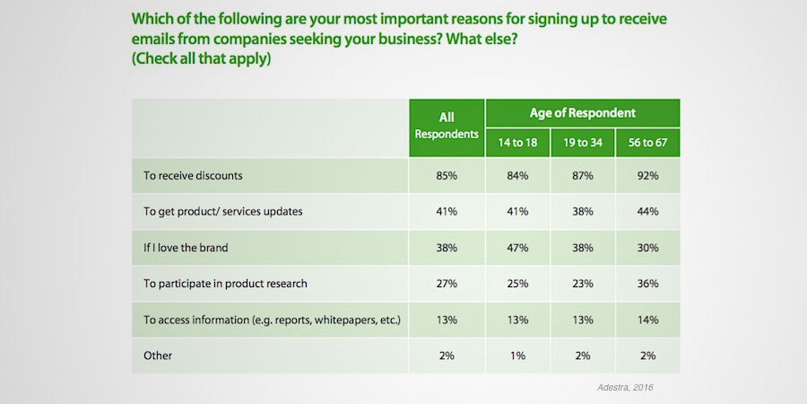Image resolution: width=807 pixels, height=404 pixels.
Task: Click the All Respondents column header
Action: pyautogui.click(x=447, y=126)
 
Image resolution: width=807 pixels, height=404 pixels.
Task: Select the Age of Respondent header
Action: pyautogui.click(x=582, y=113)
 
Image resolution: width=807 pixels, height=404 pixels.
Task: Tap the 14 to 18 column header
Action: pyautogui.click(x=517, y=142)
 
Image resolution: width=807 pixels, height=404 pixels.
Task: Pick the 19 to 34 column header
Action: pyautogui.click(x=582, y=142)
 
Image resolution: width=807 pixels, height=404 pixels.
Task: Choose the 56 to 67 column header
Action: pyautogui.click(x=647, y=142)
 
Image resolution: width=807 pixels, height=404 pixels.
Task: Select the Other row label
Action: pyautogui.click(x=158, y=356)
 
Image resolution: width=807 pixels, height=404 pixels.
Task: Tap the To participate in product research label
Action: pyautogui.click(x=225, y=284)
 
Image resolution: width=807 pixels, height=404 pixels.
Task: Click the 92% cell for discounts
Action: pyautogui.click(x=647, y=176)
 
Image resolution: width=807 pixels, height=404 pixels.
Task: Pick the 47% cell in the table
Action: pyautogui.click(x=517, y=248)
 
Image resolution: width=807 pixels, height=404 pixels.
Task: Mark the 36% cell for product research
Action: pyautogui.click(x=647, y=284)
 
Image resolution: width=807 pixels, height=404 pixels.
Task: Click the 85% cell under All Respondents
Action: pyautogui.click(x=447, y=176)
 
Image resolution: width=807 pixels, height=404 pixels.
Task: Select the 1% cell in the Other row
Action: pyautogui.click(x=517, y=356)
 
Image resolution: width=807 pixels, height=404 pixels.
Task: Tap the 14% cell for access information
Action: pyautogui.click(x=647, y=320)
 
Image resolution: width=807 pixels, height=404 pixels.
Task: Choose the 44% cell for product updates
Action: pyautogui.click(x=647, y=212)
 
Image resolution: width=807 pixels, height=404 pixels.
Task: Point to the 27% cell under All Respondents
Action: pyautogui.click(x=447, y=284)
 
